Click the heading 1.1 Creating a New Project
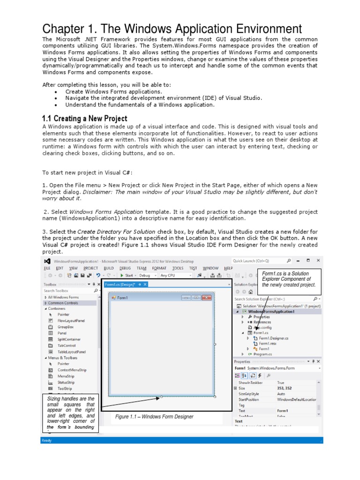pos(84,119)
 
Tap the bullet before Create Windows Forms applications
pos(56,92)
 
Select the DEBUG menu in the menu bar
pos(125,268)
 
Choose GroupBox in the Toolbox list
pos(65,327)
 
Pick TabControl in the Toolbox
pos(66,345)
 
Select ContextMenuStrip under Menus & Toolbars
pos(72,370)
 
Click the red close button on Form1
pos(206,297)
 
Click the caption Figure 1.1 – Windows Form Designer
pos(154,417)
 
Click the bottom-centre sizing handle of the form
pos(162,397)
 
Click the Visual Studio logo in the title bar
pos(47,261)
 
